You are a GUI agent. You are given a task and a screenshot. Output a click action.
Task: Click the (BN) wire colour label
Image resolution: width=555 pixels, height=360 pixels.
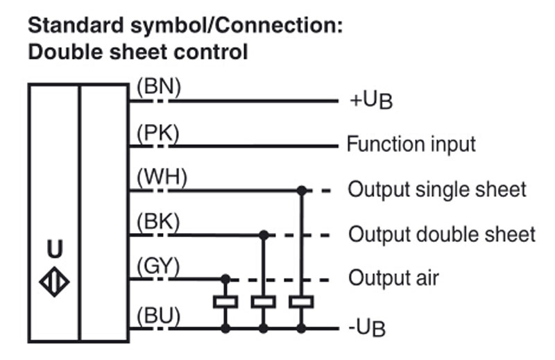point(159,87)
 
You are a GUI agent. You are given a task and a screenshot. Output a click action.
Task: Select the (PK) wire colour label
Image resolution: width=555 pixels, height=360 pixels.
point(158,133)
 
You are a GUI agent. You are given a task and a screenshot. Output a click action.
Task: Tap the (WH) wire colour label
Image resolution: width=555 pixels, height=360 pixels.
point(162,177)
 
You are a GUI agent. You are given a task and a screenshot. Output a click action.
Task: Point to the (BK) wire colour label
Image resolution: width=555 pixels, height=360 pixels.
point(158,222)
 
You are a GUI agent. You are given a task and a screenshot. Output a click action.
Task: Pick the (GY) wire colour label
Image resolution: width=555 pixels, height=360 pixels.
point(158,266)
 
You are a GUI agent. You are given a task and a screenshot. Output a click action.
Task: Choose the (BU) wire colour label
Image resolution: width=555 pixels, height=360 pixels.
point(158,316)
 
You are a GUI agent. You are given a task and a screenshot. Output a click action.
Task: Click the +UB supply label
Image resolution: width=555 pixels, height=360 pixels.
point(371,101)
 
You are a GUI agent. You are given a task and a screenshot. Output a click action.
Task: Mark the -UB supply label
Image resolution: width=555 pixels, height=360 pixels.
point(367,327)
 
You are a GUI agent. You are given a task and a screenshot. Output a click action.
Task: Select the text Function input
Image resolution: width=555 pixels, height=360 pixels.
point(411,144)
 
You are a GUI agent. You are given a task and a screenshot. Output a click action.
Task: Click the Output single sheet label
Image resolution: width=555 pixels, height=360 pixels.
point(437,189)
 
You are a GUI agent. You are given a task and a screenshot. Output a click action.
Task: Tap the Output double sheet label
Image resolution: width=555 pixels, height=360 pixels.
point(442,234)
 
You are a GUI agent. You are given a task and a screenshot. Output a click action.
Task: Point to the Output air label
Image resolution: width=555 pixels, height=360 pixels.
point(393,278)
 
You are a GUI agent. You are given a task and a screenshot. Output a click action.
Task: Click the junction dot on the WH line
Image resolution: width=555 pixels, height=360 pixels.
point(302,191)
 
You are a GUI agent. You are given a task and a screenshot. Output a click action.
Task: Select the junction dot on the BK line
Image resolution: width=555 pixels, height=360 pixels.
point(264,235)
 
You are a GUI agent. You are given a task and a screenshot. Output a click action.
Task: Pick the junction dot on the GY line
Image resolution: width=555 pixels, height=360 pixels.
point(225,280)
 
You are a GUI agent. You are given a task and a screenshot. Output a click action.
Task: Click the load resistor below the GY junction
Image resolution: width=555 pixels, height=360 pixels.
point(225,302)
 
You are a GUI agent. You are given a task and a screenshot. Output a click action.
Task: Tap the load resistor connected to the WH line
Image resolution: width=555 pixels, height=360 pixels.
point(302,302)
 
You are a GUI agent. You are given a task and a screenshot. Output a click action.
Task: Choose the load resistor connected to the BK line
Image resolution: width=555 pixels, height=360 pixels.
point(264,302)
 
